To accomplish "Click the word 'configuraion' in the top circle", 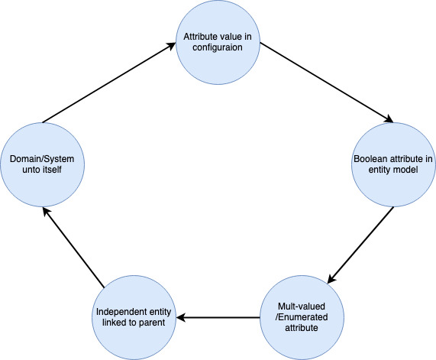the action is pos(218,47).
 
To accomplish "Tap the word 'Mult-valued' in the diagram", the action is pos(302,306).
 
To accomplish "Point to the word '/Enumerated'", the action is pos(302,317).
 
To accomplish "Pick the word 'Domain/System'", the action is pos(42,159).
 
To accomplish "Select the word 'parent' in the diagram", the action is pos(152,323).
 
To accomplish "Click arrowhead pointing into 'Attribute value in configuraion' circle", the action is pos(172,45).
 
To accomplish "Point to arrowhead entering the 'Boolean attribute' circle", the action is pos(389,119).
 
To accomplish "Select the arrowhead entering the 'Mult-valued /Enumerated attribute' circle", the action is pos(331,279).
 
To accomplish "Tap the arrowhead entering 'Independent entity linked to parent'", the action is pos(180,317).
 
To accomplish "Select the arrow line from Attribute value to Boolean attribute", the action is pos(327,83).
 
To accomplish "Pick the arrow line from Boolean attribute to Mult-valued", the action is pos(360,245).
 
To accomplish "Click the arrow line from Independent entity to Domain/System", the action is pos(73,247).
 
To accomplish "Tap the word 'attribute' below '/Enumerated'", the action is pos(302,328).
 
